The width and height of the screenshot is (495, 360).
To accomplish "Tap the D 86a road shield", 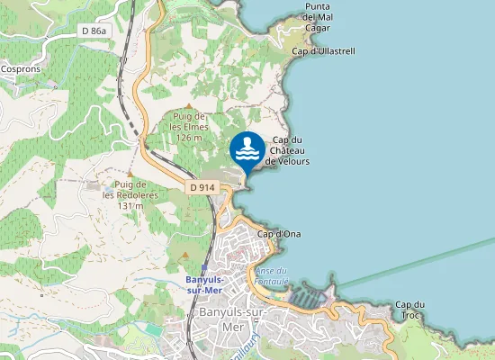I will tap(94, 30).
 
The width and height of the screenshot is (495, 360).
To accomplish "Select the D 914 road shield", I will tap(201, 187).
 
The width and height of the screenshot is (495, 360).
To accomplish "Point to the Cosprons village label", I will tap(21, 67).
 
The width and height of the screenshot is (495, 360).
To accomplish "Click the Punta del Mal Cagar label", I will tap(322, 16).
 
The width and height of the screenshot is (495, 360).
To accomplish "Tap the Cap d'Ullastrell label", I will tap(324, 51).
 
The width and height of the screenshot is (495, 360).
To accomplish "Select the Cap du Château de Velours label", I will tap(287, 150).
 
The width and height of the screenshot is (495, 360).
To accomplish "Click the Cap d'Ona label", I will tap(279, 234).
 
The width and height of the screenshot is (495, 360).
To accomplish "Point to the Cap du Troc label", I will tap(409, 310).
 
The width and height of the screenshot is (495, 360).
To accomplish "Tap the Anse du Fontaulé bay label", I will tap(271, 275).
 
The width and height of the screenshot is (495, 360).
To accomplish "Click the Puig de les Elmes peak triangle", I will tap(188, 107).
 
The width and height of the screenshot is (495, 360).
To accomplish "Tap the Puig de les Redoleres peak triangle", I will tap(130, 174).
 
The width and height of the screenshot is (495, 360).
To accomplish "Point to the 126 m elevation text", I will tap(190, 139).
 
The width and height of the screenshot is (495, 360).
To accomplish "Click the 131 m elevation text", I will tap(130, 206).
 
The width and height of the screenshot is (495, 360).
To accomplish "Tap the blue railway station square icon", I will tap(204, 268).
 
